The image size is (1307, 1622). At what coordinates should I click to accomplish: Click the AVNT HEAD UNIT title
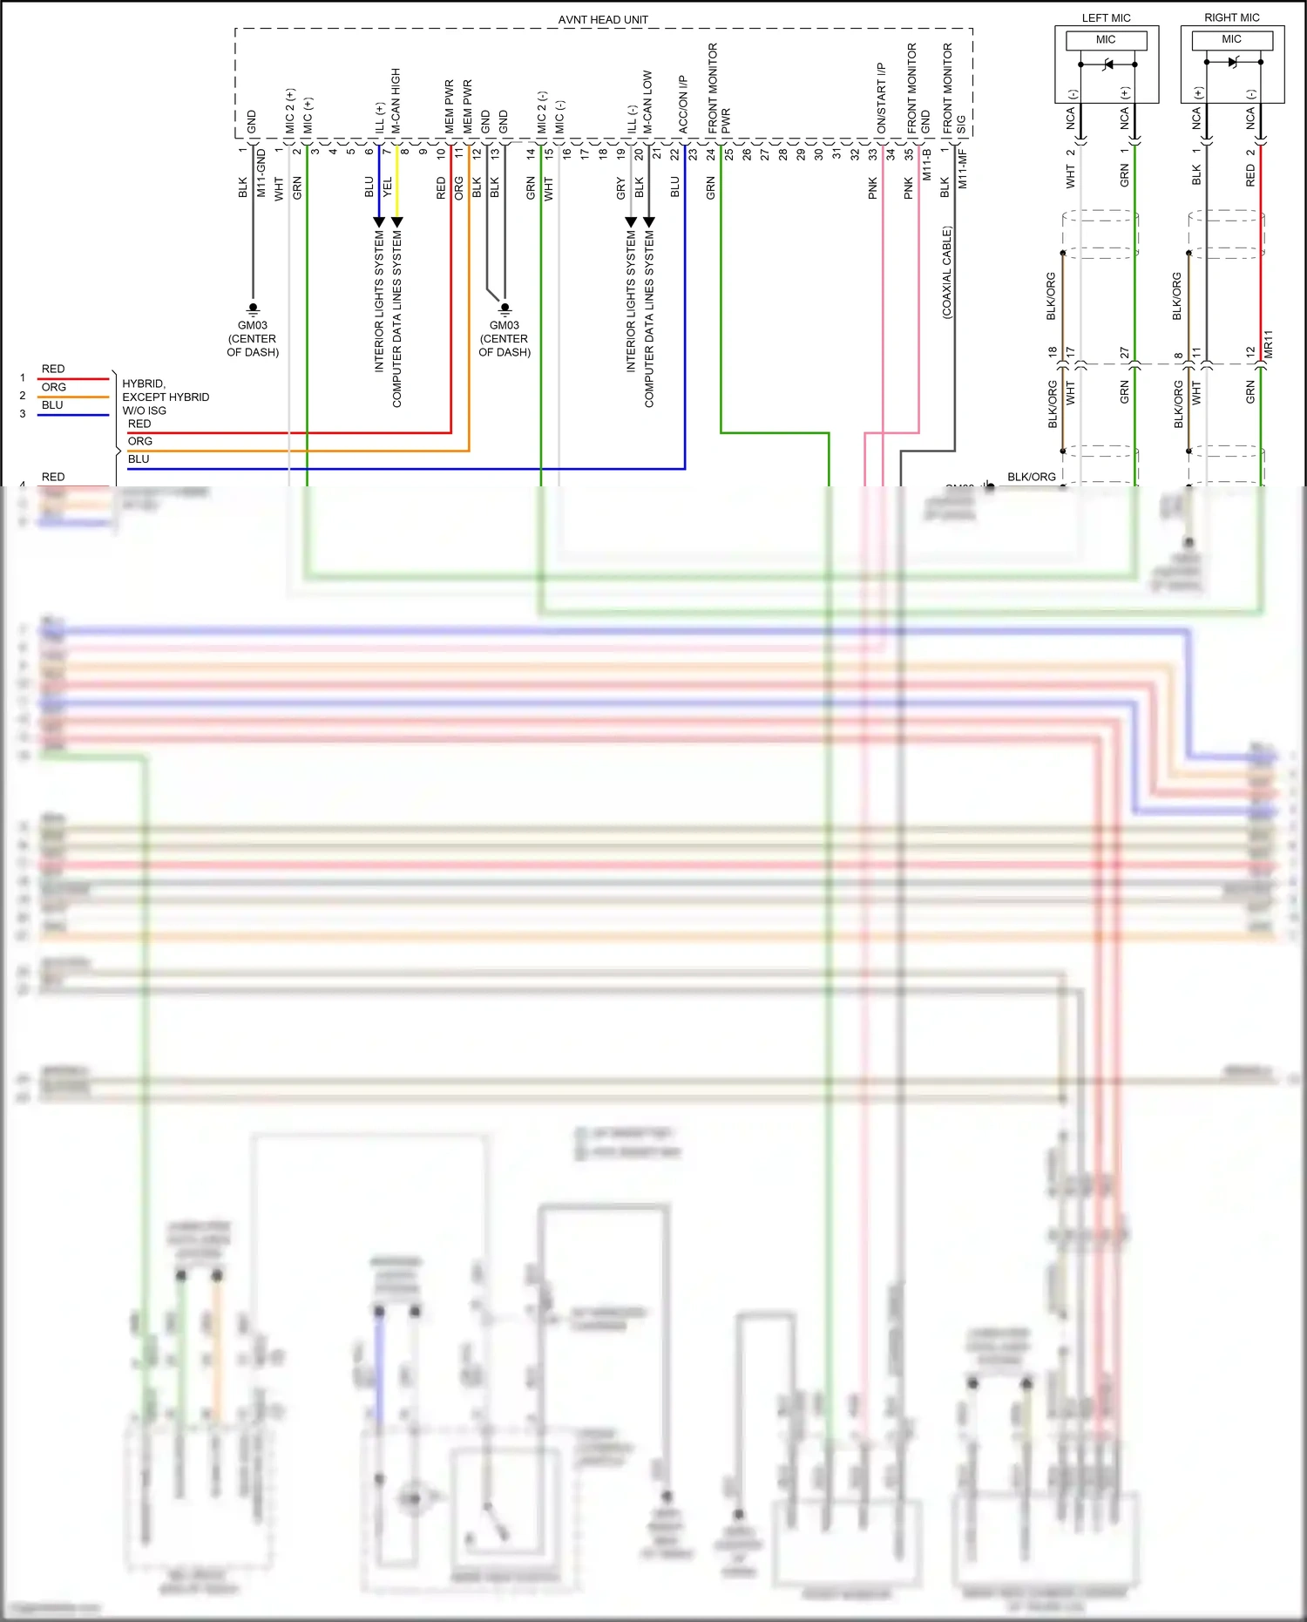(x=603, y=19)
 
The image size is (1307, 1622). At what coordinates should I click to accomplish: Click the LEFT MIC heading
(x=1106, y=17)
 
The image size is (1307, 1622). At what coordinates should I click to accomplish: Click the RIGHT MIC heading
(x=1231, y=17)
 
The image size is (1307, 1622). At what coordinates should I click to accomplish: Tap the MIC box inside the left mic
(x=1106, y=40)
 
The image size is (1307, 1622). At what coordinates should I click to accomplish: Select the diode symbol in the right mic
(x=1233, y=62)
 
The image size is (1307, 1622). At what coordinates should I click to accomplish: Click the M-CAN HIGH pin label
(x=396, y=100)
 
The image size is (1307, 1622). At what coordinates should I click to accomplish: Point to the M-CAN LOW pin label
(x=648, y=101)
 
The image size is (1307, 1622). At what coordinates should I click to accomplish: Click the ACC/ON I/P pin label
(x=684, y=103)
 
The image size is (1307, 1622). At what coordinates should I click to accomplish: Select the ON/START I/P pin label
(x=882, y=97)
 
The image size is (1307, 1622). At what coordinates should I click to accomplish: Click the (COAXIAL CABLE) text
(x=947, y=272)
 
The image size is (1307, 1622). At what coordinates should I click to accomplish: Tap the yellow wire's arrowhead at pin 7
(x=397, y=222)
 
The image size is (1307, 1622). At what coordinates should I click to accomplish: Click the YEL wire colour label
(x=388, y=187)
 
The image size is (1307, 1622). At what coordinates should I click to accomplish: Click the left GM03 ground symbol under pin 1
(x=253, y=308)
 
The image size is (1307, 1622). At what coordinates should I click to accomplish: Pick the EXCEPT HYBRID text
(x=166, y=397)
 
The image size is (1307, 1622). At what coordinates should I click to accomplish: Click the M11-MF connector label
(x=963, y=168)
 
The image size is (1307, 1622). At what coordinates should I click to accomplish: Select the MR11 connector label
(x=1269, y=343)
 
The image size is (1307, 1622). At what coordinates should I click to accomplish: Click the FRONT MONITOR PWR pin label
(x=719, y=88)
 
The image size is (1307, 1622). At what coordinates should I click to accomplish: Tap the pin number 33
(x=872, y=154)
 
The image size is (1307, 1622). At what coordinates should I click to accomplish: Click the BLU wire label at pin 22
(x=675, y=187)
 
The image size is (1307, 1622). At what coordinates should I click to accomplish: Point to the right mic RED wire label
(x=1250, y=176)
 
